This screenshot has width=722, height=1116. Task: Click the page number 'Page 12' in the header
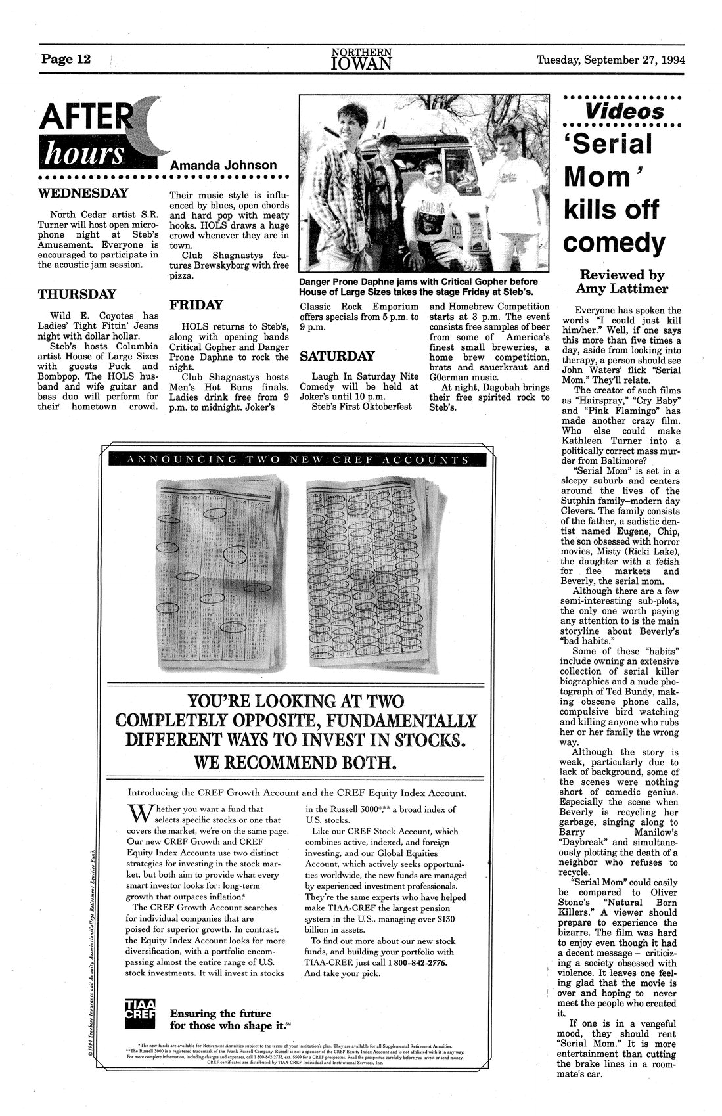tap(66, 60)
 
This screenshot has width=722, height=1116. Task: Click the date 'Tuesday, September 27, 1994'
tap(610, 60)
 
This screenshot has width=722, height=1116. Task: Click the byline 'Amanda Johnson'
tap(223, 166)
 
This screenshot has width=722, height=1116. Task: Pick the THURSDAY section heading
tap(77, 294)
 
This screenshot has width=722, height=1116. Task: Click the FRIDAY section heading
tap(196, 305)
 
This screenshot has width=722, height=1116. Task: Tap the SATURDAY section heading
tap(337, 356)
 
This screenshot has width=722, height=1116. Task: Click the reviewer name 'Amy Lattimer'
tap(620, 289)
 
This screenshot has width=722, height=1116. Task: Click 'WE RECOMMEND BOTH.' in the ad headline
tap(296, 762)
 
